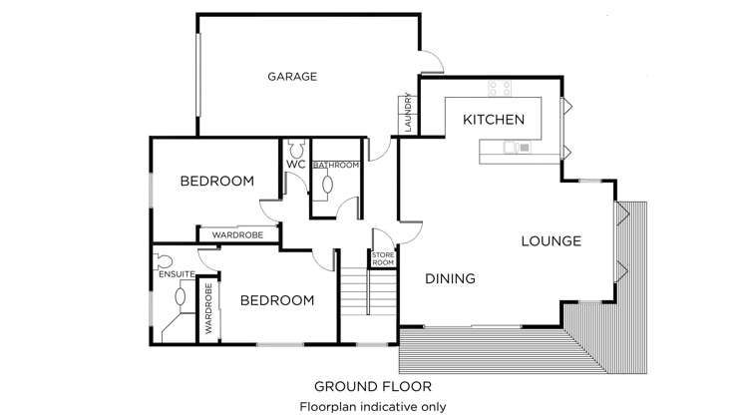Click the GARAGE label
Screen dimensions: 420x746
292,76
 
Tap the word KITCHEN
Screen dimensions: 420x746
494,120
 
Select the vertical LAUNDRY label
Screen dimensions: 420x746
408,115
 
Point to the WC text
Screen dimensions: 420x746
295,165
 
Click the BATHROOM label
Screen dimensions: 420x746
335,165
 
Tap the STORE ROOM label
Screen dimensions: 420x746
383,257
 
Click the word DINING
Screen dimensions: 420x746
449,279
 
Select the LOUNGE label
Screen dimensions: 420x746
551,241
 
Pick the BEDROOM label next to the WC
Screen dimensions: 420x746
216,182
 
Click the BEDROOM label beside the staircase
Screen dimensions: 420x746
277,300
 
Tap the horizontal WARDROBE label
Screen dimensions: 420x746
237,234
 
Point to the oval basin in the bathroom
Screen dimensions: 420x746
328,184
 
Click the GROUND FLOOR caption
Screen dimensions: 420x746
373,386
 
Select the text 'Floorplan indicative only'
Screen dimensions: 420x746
373,406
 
